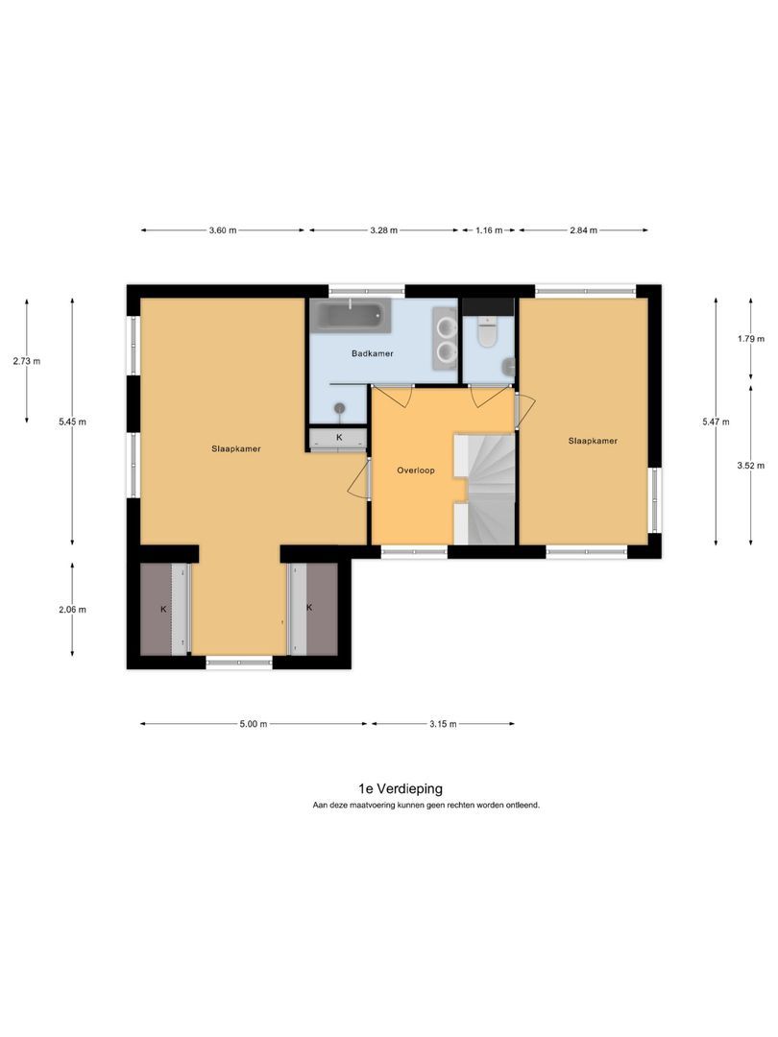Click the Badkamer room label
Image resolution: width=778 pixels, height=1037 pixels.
point(372,353)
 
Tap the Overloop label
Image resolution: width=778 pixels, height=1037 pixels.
point(416,470)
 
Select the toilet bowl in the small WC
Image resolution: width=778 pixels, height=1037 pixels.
point(488,335)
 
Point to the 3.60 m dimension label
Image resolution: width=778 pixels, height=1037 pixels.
point(222,230)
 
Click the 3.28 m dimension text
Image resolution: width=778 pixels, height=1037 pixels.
point(383,230)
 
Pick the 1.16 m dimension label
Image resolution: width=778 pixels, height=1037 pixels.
point(489,230)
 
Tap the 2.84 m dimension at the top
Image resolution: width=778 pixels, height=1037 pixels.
point(584,230)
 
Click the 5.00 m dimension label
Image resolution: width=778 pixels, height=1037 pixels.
point(254,724)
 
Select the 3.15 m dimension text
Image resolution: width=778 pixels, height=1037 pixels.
point(443,724)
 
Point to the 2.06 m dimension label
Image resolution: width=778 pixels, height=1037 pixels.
point(72,610)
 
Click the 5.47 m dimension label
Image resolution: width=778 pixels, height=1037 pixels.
point(716,422)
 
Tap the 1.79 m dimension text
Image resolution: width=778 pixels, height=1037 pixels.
point(751,339)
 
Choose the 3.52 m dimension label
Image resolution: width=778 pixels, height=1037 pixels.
point(751,466)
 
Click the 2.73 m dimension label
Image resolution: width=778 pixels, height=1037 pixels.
point(27,362)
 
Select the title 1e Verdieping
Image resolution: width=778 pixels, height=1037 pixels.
point(401,788)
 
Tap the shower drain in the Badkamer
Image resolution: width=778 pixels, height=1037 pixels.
point(340,408)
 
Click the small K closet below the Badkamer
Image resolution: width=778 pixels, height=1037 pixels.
point(339,438)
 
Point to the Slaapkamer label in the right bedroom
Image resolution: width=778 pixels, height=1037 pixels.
point(593,441)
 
